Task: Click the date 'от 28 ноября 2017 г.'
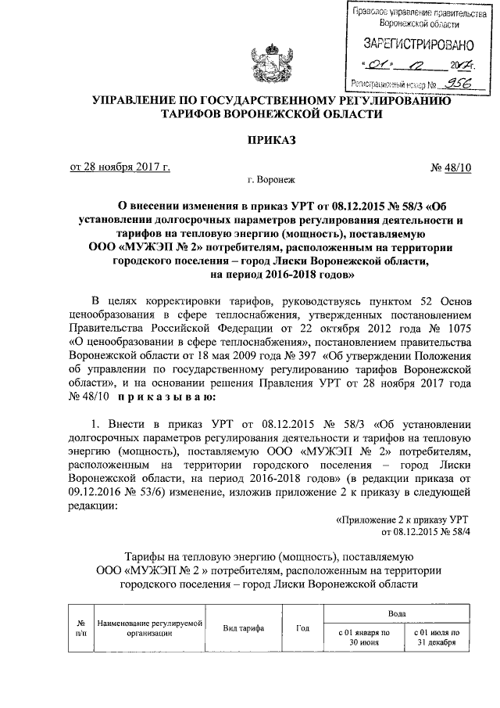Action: coord(120,167)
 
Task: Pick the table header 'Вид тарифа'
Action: coord(243,628)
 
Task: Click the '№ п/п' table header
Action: coord(80,628)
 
